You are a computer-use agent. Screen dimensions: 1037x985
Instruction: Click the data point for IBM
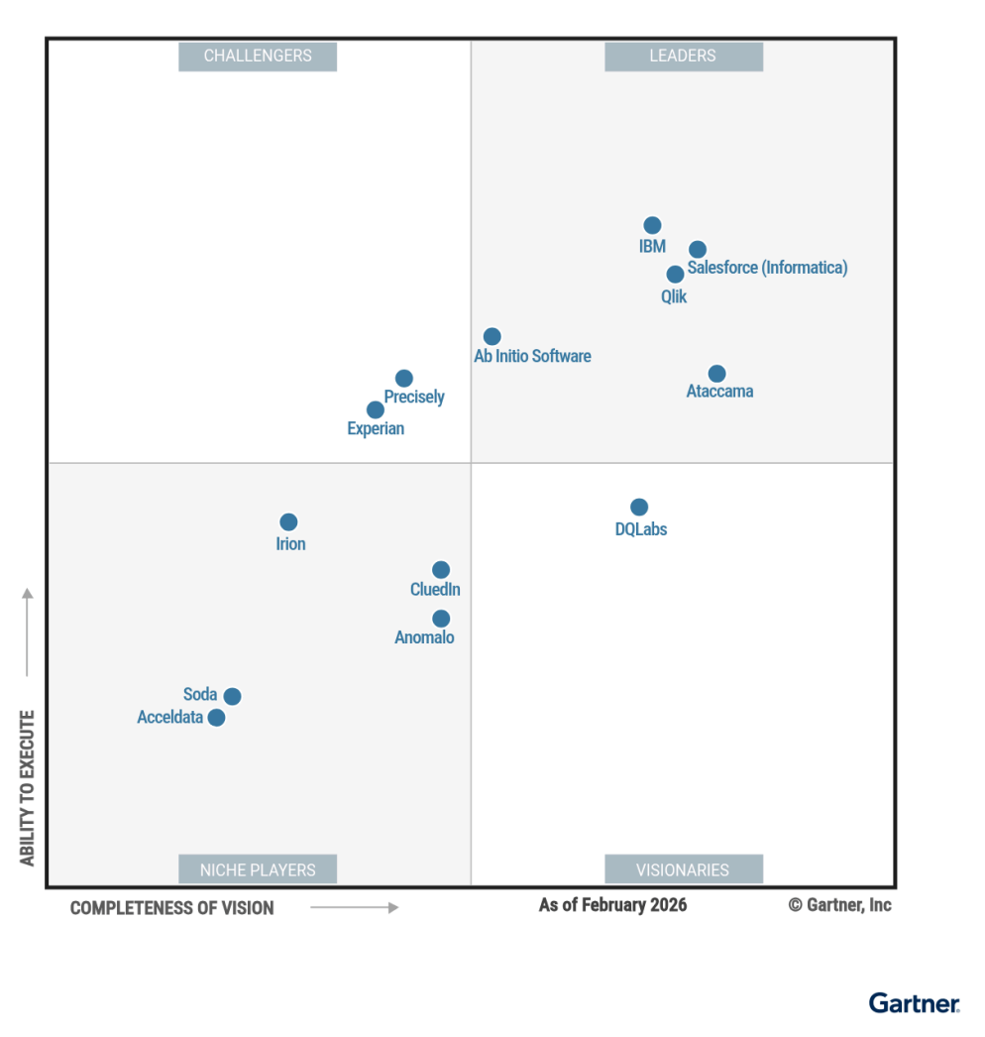(x=652, y=225)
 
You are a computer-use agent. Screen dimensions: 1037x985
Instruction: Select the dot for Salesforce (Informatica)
(x=698, y=249)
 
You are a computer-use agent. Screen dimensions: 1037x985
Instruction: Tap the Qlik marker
(x=675, y=274)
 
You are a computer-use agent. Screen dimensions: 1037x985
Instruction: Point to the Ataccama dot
(x=716, y=374)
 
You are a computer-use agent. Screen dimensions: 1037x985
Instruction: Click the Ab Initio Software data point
(x=492, y=336)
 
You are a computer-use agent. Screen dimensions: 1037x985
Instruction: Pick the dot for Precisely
(x=403, y=378)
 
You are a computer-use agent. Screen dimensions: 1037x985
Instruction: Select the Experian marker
(x=375, y=409)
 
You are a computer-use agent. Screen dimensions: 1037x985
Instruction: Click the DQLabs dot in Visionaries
(x=639, y=507)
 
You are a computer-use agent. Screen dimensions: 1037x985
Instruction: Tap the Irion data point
(x=288, y=521)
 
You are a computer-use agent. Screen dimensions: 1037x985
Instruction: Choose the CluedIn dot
(x=441, y=569)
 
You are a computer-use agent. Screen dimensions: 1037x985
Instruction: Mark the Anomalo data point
(x=441, y=619)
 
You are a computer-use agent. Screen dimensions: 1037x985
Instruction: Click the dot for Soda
(x=232, y=696)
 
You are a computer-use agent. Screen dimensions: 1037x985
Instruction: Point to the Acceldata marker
(x=216, y=717)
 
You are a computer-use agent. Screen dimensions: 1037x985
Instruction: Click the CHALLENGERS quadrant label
(x=258, y=57)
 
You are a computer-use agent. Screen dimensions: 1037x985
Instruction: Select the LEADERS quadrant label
(x=683, y=57)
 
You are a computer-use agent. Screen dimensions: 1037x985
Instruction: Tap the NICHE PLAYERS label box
(x=258, y=869)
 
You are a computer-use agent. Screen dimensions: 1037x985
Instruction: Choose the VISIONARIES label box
(x=683, y=869)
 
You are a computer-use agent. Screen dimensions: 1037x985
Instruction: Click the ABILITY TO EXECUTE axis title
(x=28, y=788)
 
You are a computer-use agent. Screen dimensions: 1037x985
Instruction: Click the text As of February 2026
(x=612, y=905)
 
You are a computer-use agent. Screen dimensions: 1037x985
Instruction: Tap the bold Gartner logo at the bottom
(x=914, y=1003)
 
